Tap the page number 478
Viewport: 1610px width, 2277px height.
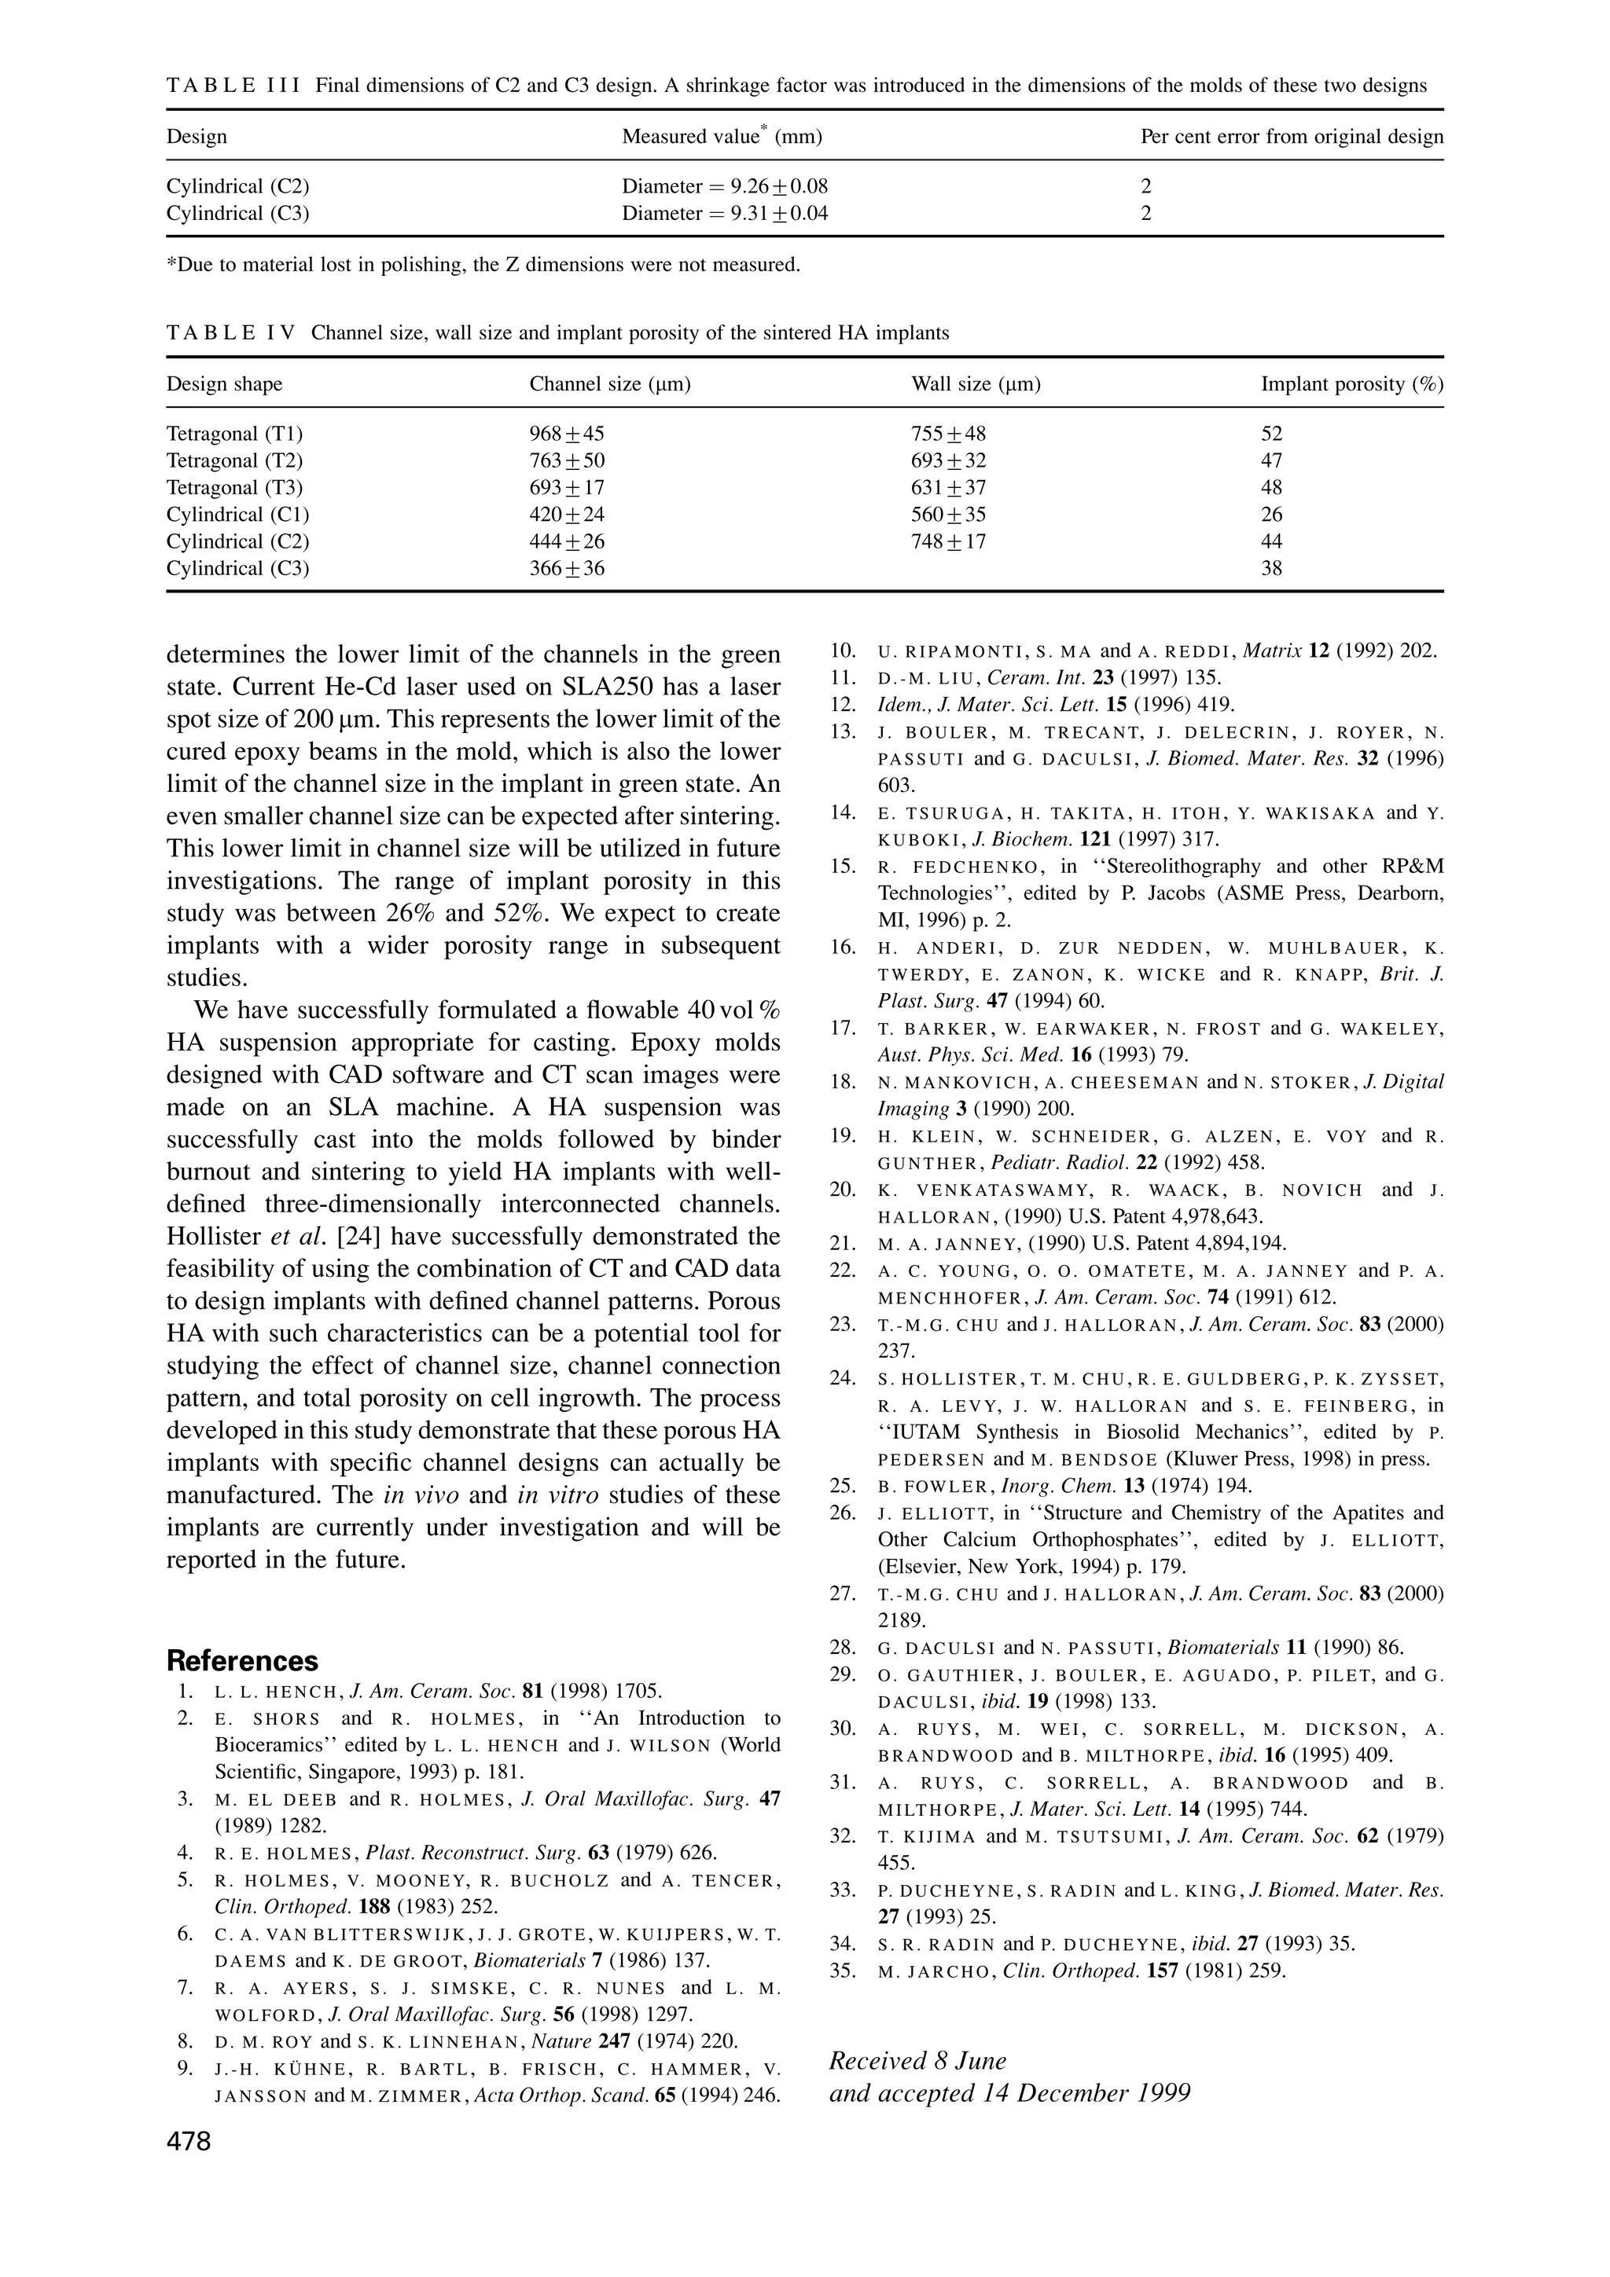(x=189, y=2142)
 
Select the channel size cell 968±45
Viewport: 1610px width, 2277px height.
(x=567, y=434)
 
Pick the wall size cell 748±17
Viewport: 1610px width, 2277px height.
(x=947, y=541)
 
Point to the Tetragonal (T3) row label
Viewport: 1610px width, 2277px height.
(x=234, y=488)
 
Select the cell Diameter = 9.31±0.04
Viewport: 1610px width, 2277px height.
(x=724, y=213)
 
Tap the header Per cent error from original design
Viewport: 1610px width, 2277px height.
(x=1292, y=137)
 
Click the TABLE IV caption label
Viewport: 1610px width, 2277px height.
(x=230, y=333)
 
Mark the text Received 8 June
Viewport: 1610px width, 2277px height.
(x=917, y=2061)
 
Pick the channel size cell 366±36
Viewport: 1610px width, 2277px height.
(x=567, y=568)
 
